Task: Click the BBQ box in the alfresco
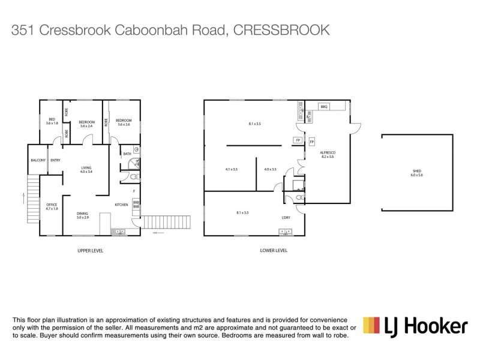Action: click(325, 106)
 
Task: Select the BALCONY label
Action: click(38, 160)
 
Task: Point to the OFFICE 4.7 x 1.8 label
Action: click(52, 207)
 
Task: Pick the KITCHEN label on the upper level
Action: click(122, 205)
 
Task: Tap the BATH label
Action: click(127, 154)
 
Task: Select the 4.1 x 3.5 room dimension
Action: click(232, 169)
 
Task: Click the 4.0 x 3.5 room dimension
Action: click(270, 169)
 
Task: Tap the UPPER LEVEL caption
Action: click(91, 250)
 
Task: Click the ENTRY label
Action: click(55, 160)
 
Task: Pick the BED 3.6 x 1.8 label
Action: click(52, 122)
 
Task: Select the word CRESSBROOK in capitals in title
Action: click(281, 30)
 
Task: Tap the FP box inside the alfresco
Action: click(311, 142)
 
